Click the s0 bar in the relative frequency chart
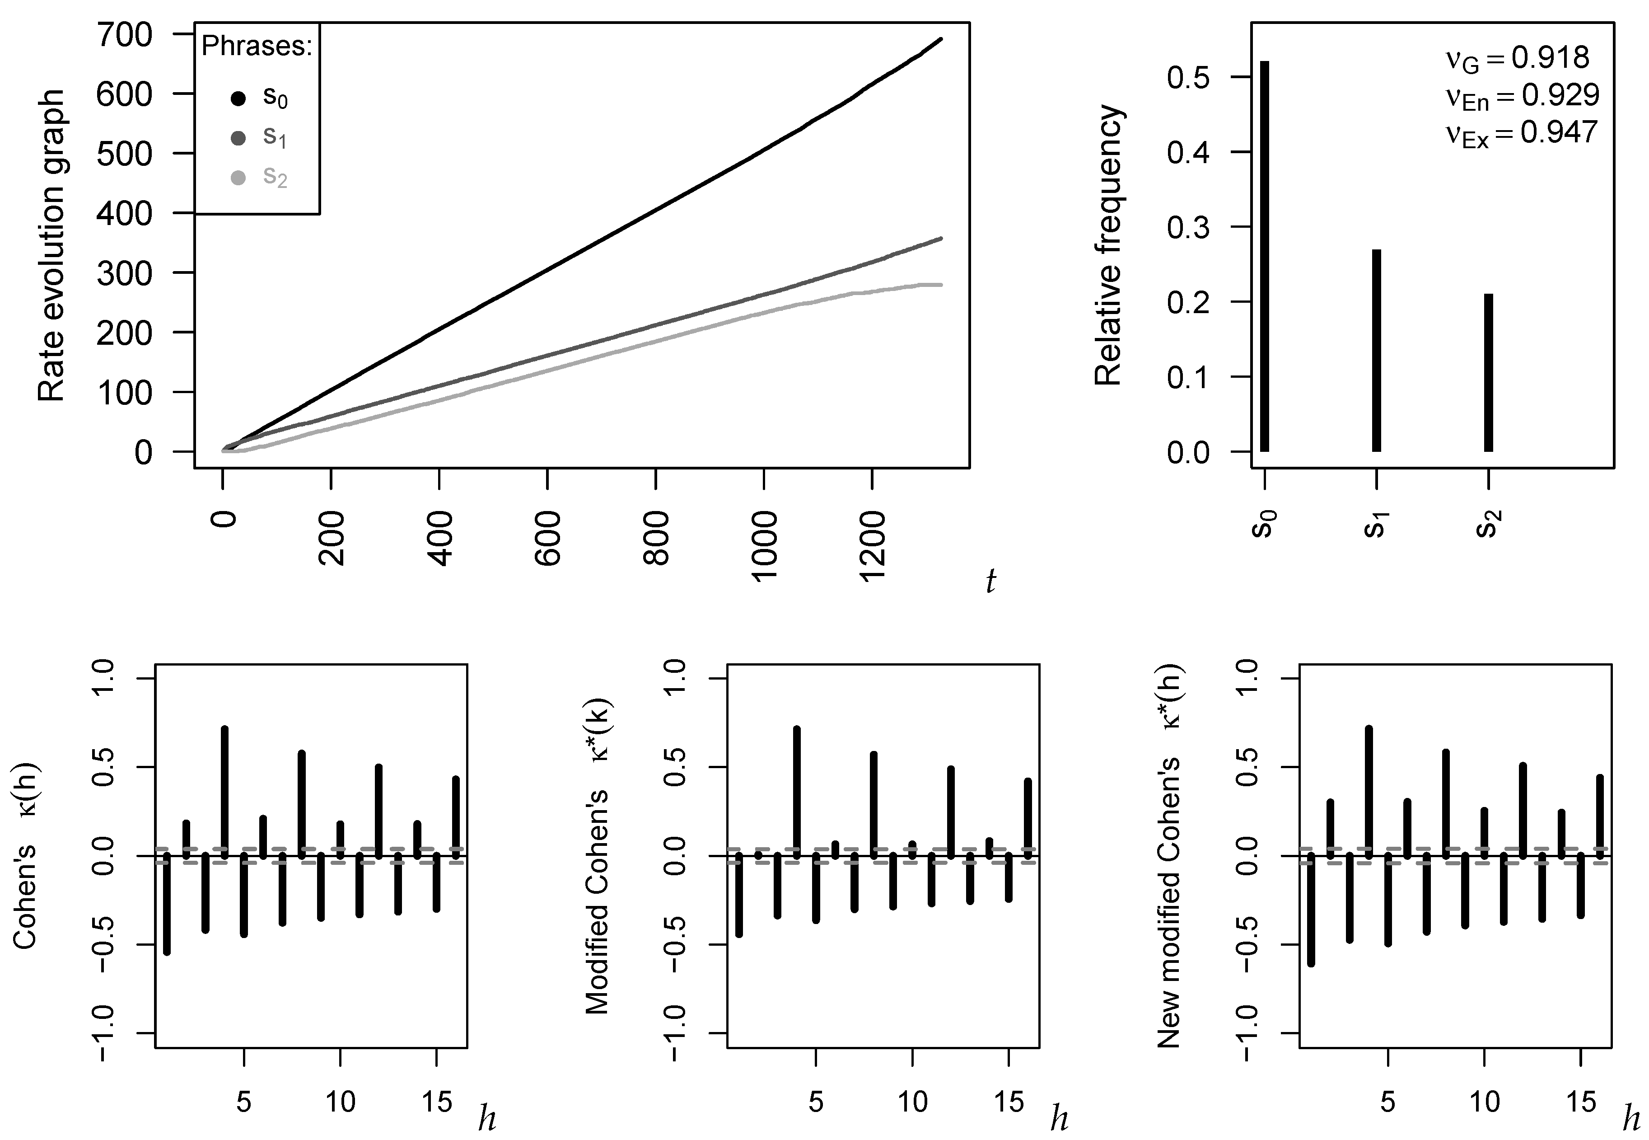pyautogui.click(x=1264, y=257)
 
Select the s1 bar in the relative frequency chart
pyautogui.click(x=1376, y=351)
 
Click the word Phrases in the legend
pyautogui.click(x=257, y=47)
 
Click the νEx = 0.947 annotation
pyautogui.click(x=1521, y=134)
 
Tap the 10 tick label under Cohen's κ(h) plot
pyautogui.click(x=341, y=1102)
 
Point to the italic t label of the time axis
pyautogui.click(x=990, y=582)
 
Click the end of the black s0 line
pyautogui.click(x=941, y=39)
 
